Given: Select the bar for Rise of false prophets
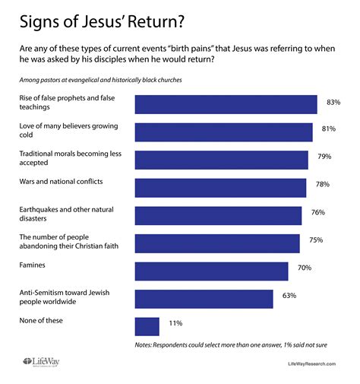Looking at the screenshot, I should (226, 104).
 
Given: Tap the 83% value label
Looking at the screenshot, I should (333, 101).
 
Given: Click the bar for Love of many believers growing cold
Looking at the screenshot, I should (223, 132).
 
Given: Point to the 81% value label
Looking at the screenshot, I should (329, 129).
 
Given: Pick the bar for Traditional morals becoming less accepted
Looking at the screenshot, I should (221, 160).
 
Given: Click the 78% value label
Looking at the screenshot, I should (322, 185).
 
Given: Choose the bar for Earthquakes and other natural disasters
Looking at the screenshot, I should (218, 215).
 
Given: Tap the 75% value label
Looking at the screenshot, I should (316, 240).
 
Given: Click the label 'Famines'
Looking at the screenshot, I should (33, 265).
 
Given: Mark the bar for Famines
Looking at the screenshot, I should (211, 271).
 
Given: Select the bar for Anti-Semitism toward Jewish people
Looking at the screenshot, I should (204, 299).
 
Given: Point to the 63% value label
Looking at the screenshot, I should (289, 296).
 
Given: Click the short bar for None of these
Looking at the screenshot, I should (147, 326).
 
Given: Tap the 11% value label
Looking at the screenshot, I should (175, 323).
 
